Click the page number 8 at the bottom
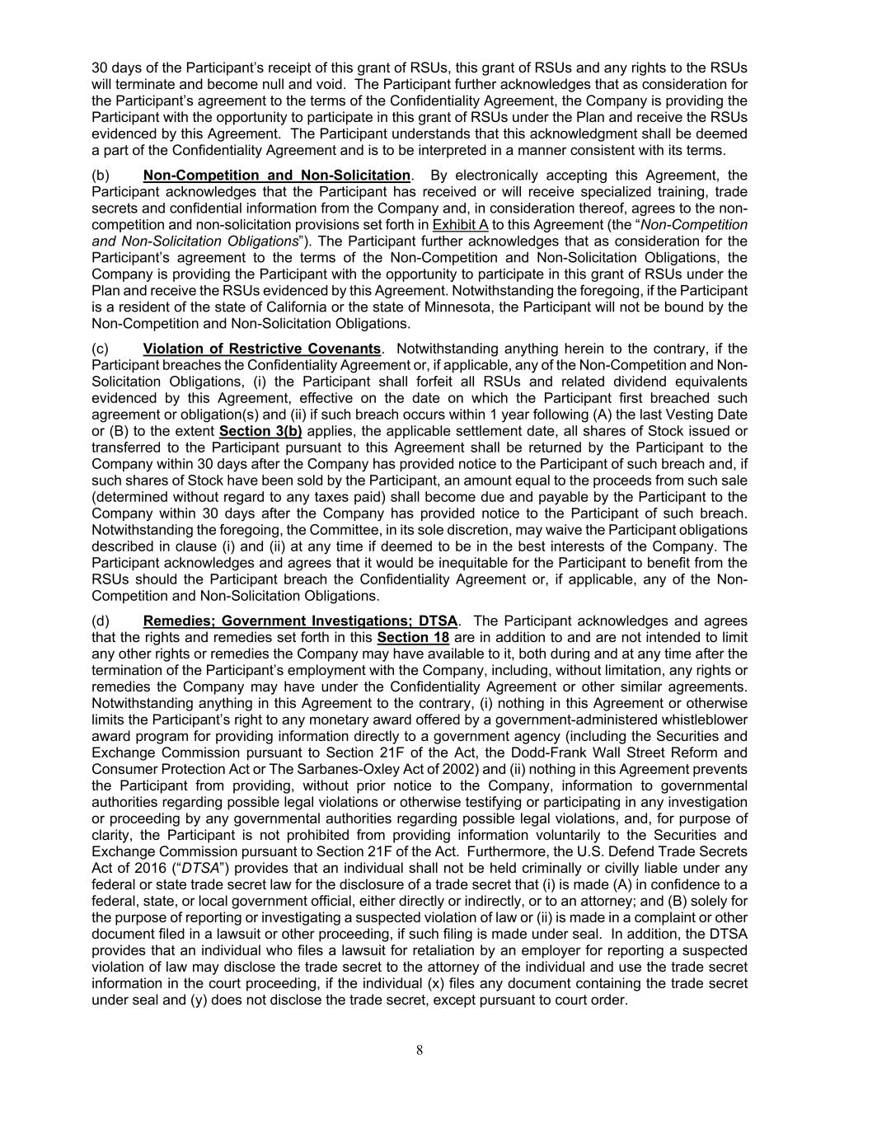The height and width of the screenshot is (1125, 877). coord(420,1049)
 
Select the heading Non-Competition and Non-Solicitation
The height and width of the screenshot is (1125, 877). coord(276,176)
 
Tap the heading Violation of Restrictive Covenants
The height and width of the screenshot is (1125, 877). coord(261,349)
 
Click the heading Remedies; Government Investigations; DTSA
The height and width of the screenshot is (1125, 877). coord(300,621)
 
